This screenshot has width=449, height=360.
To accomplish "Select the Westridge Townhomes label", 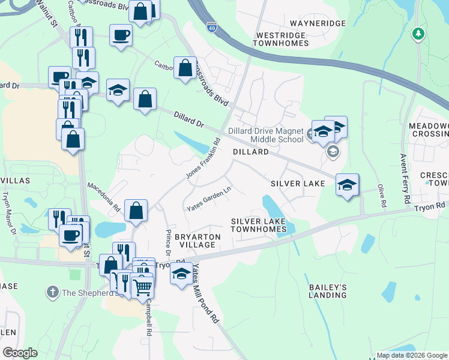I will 281,40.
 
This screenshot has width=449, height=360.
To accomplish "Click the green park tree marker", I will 418,34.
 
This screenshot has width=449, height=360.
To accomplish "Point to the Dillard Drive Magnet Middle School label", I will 265,135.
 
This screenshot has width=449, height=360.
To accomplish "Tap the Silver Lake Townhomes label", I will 259,226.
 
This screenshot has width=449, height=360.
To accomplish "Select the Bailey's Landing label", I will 328,292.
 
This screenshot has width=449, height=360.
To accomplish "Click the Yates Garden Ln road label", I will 208,200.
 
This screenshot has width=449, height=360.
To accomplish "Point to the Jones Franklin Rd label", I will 203,160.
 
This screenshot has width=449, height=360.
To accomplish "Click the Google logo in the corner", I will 20,353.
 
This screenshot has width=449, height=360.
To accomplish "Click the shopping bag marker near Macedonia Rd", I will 136,211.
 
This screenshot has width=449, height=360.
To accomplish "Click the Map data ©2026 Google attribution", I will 412,355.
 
